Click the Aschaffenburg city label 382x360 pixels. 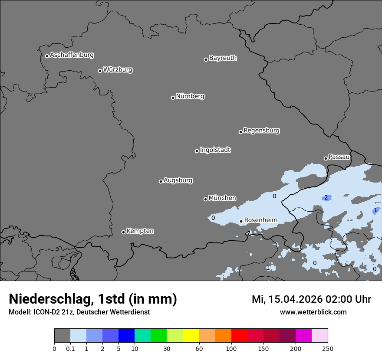point(72,55)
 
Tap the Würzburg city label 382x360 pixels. point(118,70)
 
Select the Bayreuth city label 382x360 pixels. point(223,58)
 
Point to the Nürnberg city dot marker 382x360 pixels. point(173,98)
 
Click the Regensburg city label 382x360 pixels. point(261,131)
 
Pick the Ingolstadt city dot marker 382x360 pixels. point(197,151)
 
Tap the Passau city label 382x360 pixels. point(339,157)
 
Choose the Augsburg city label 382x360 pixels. point(178,180)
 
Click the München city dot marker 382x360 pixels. point(205,200)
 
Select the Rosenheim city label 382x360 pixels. point(260,220)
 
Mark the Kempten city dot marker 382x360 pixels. point(123,232)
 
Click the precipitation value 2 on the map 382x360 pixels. point(326,198)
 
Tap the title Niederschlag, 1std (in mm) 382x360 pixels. point(93,299)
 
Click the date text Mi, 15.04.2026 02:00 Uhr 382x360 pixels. point(311,299)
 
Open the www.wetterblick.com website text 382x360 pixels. point(313,312)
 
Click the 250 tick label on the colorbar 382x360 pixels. point(328,348)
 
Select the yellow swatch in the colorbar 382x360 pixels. point(191,336)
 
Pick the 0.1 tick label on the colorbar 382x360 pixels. point(70,348)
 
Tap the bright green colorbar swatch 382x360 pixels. point(159,336)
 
